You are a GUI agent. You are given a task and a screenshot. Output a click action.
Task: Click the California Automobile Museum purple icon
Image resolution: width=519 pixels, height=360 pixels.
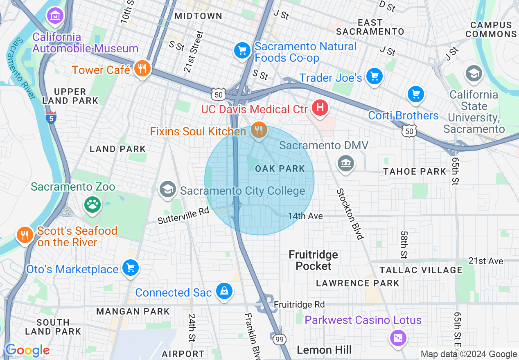point(55,16)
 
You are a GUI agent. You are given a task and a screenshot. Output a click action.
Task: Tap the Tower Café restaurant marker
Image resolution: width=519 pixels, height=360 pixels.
point(142,69)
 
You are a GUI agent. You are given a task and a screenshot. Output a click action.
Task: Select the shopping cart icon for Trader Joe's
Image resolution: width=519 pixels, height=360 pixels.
point(374,76)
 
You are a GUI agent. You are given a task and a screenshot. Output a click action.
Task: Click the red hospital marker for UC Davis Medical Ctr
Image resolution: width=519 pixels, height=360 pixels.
point(320,108)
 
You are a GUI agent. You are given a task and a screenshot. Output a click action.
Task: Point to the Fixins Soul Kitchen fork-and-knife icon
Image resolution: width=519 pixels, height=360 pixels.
point(259,130)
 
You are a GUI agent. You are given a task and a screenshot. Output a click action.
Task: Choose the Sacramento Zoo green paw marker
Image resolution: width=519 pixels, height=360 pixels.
point(92,204)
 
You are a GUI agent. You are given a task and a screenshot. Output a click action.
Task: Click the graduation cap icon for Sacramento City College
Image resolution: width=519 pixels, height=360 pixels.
point(167,190)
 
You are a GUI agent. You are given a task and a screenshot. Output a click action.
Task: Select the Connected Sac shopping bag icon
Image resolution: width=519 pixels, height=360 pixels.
point(224,291)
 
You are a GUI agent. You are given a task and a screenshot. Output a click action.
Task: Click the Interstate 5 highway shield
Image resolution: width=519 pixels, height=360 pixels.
point(51,117)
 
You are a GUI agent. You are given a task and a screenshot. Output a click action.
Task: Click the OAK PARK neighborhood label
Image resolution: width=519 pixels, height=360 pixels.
point(280,169)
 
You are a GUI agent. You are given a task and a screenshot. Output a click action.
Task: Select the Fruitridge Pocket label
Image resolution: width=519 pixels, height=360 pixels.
point(314,260)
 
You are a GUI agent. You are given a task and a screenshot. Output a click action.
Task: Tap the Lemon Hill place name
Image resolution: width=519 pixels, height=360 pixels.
point(324,350)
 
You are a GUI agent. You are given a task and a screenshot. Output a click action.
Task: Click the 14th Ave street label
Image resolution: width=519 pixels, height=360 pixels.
point(305,216)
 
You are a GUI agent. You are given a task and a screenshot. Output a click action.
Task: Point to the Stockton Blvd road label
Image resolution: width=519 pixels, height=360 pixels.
point(350,214)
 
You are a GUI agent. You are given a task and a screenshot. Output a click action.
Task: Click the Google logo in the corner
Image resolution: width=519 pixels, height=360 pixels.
point(27,350)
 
